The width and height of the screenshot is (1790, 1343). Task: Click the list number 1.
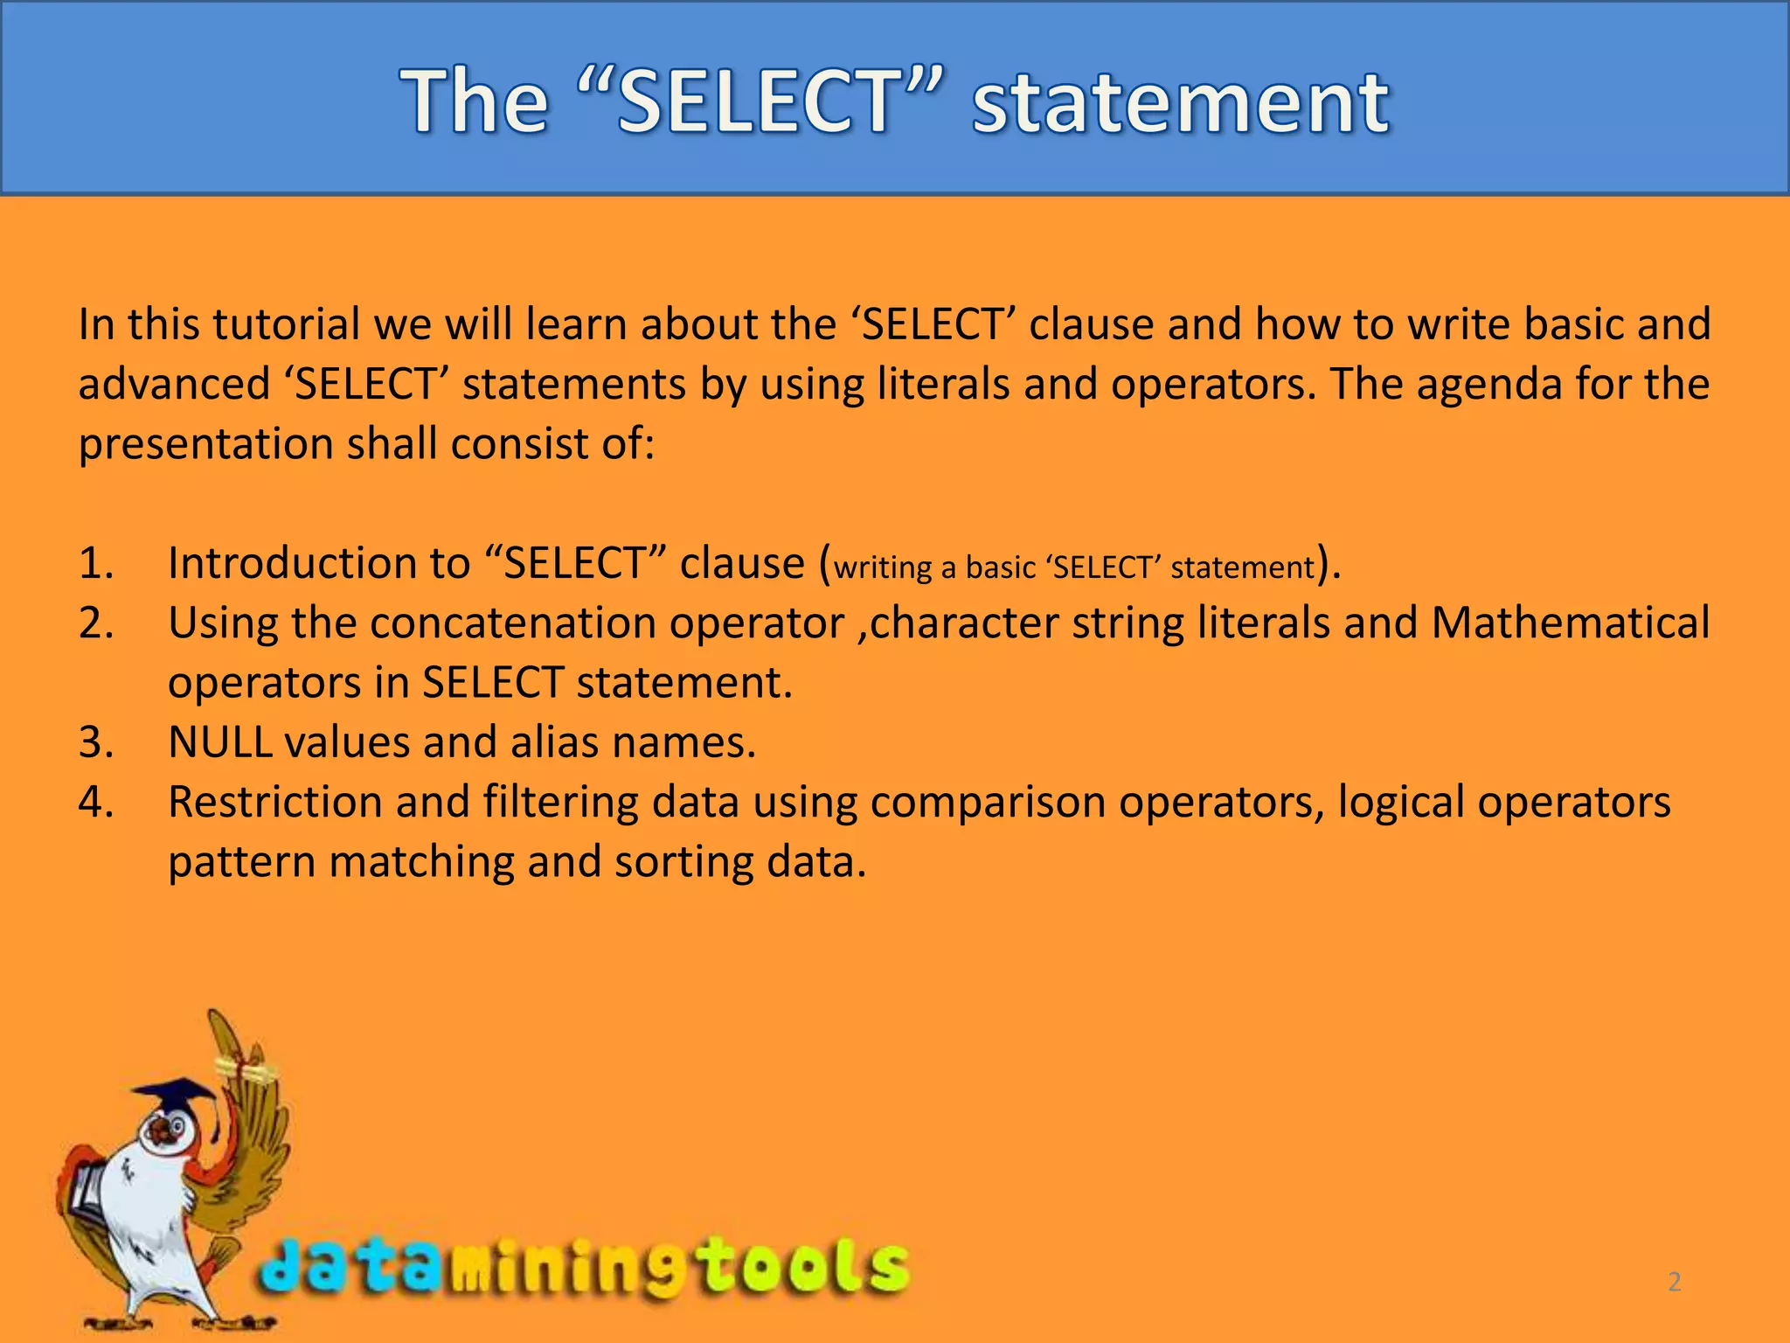[95, 563]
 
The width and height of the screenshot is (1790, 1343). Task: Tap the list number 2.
[95, 623]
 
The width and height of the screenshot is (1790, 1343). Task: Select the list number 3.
[95, 742]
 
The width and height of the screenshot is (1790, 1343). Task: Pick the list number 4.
[95, 802]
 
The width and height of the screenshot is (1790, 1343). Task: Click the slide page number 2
[1675, 1282]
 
